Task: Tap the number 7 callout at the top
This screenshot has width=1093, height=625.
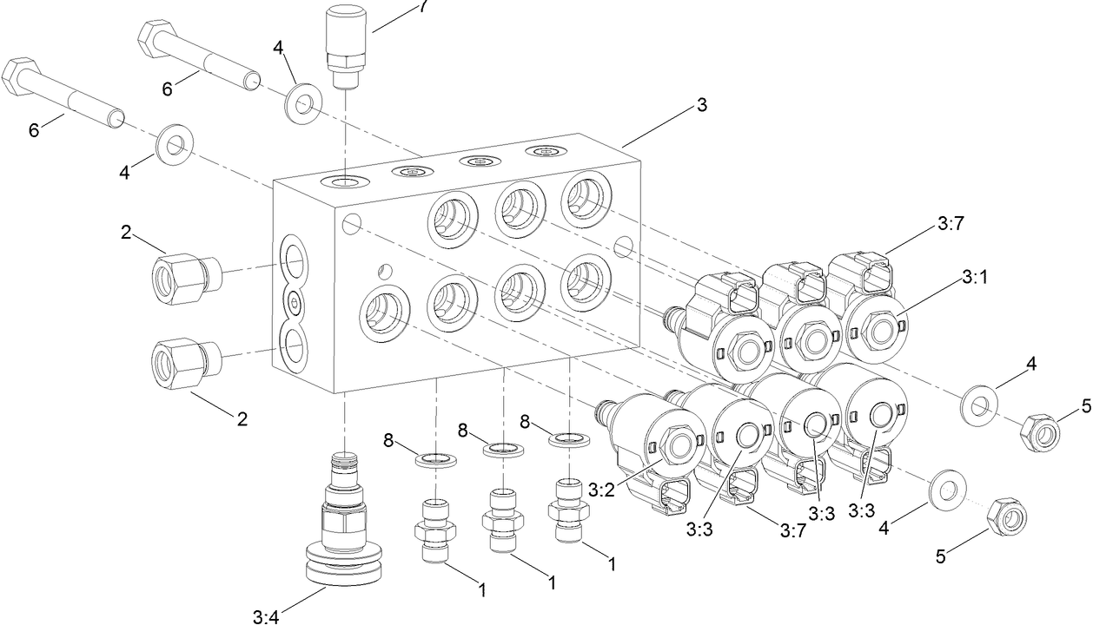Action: click(x=423, y=5)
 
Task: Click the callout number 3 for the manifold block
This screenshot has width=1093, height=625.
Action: click(x=701, y=105)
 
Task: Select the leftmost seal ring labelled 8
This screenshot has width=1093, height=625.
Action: click(x=434, y=458)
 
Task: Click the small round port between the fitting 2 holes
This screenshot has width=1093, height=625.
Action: click(x=295, y=301)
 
